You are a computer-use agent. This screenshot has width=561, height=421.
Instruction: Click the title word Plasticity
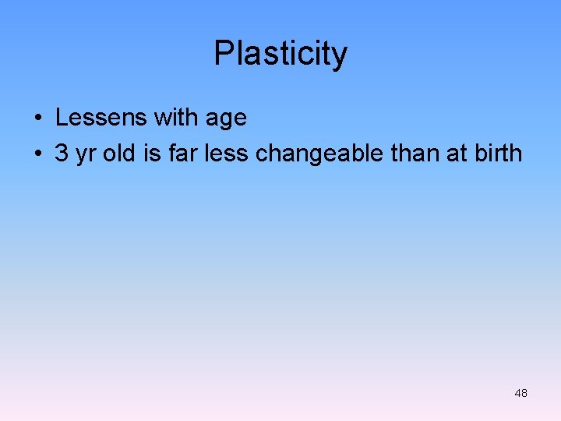pos(280,54)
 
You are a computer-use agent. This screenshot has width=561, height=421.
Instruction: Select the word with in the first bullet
pos(176,118)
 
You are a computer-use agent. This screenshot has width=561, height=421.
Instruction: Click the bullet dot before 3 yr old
pos(37,154)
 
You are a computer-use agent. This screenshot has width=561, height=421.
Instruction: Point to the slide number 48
pos(520,393)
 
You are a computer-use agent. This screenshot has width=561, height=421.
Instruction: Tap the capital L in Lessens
pos(62,118)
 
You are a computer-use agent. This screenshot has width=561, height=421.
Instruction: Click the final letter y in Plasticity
pos(340,56)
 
